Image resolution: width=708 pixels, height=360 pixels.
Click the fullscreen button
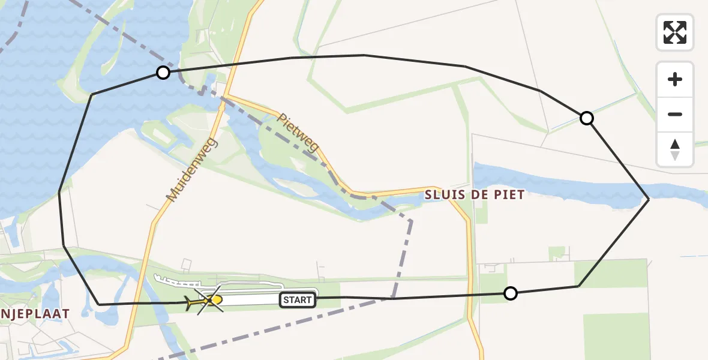[675, 32]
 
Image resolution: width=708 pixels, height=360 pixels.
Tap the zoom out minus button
[675, 115]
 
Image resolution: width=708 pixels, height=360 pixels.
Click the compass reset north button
[675, 149]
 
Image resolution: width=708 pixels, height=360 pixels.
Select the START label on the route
[298, 300]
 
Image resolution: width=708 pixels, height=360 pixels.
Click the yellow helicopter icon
[207, 299]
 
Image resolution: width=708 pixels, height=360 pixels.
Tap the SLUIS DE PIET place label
[475, 195]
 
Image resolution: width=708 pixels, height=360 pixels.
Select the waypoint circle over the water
[163, 73]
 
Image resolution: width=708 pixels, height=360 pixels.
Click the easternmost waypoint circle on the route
[587, 118]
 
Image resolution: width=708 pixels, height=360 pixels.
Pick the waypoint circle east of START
[510, 293]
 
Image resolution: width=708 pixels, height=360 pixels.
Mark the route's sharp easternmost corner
[649, 199]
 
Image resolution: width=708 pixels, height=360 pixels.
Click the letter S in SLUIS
[429, 195]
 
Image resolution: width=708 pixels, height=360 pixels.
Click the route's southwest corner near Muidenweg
[100, 305]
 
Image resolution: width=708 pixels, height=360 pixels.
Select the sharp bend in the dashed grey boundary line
[411, 221]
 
